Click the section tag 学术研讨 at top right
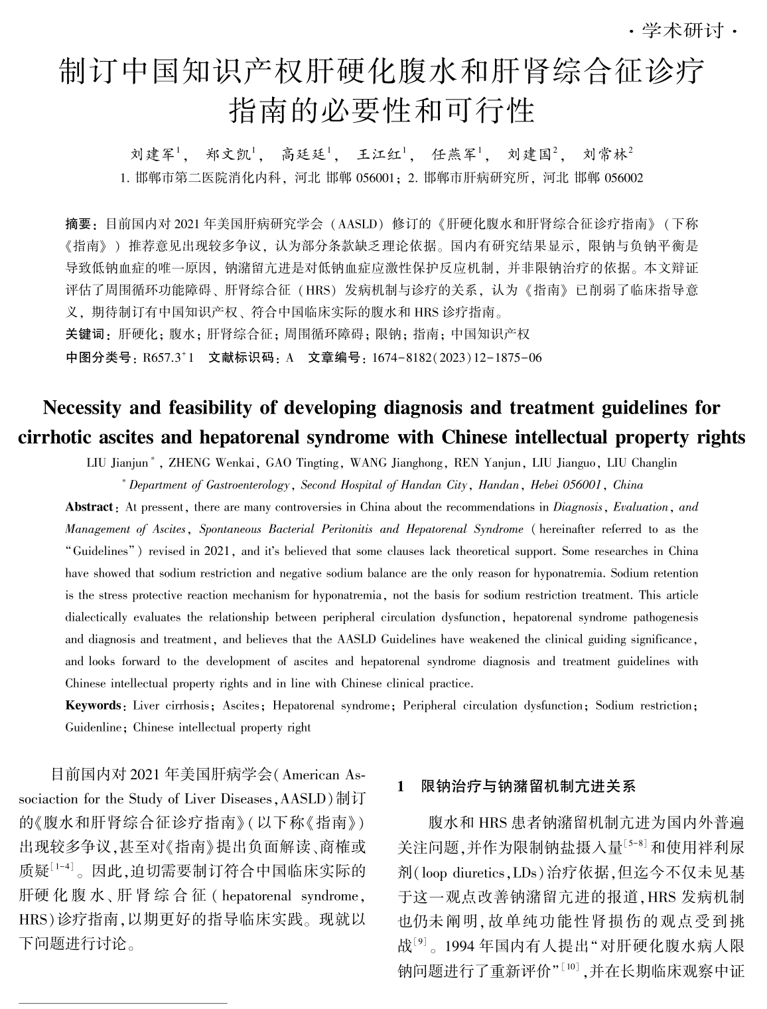click(683, 31)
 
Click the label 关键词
click(84, 334)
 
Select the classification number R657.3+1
click(163, 358)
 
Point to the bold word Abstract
click(89, 507)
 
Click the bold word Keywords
click(92, 706)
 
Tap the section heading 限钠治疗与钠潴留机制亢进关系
click(529, 787)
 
